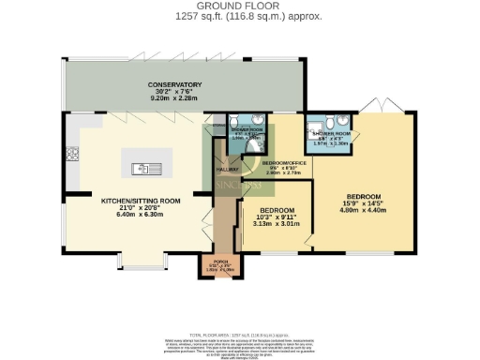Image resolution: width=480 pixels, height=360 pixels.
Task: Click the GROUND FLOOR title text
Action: pyautogui.click(x=239, y=7)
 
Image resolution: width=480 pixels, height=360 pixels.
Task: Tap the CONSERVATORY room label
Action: pyautogui.click(x=174, y=86)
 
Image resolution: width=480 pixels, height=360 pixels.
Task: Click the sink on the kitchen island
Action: pyautogui.click(x=147, y=169)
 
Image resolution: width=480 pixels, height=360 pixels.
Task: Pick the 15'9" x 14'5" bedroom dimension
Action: pyautogui.click(x=362, y=203)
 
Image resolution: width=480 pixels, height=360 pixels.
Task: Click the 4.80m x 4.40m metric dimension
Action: pyautogui.click(x=362, y=211)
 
